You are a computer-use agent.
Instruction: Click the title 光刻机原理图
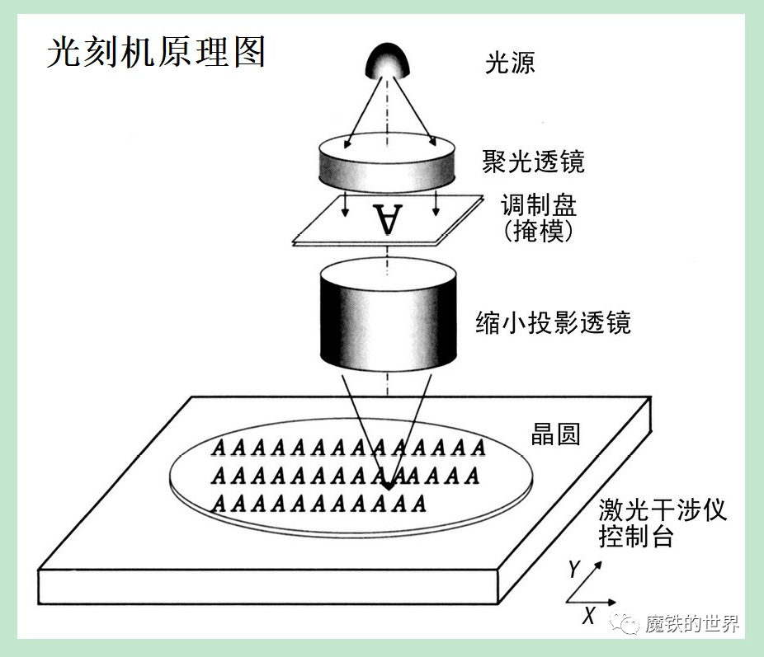[157, 52]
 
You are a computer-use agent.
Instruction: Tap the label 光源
[510, 63]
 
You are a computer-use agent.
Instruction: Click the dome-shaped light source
[387, 61]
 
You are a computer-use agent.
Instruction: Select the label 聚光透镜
[534, 162]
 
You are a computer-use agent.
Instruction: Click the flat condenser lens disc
[387, 162]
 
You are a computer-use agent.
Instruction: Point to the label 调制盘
[539, 205]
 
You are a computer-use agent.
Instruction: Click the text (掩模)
[539, 231]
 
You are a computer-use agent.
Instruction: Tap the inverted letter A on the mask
[388, 218]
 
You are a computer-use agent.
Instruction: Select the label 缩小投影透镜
[553, 322]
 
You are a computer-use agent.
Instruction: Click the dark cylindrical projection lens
[388, 315]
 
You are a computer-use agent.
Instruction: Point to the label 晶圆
[555, 434]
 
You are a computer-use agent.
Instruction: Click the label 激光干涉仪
[663, 510]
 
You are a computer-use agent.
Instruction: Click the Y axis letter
[574, 569]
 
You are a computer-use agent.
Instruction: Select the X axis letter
[589, 616]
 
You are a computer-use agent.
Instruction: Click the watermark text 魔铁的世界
[692, 623]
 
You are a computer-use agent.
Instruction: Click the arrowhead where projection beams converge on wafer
[388, 486]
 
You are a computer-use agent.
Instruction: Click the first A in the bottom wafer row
[219, 503]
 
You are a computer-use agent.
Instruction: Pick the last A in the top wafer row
[479, 448]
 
